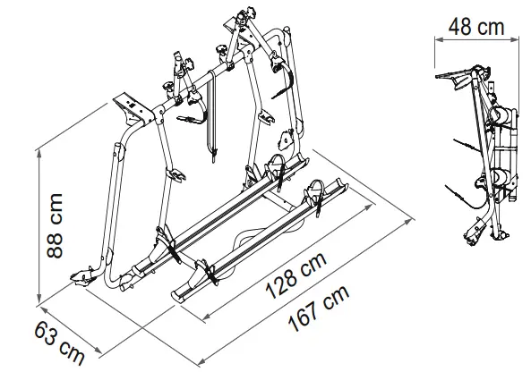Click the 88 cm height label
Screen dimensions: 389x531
point(56,225)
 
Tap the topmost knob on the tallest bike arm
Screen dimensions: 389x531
point(241,18)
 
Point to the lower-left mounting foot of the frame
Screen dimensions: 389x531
point(83,277)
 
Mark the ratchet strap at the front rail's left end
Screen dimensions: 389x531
point(205,269)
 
